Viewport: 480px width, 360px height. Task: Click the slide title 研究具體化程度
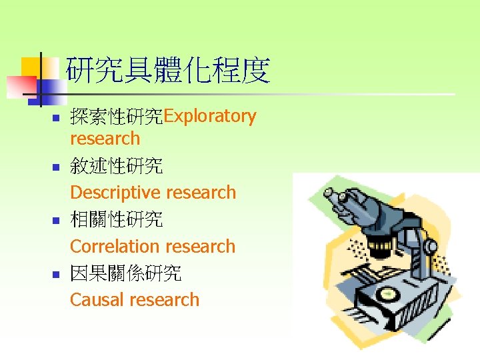click(168, 71)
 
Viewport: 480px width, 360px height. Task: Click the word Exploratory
click(210, 116)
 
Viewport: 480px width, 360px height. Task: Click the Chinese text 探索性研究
click(117, 117)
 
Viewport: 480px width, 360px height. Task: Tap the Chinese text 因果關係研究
click(125, 273)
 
